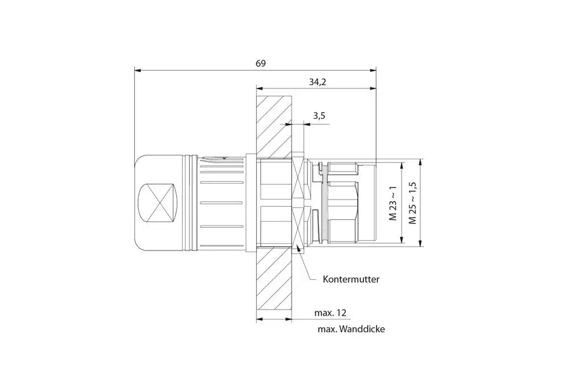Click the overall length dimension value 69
click(x=261, y=63)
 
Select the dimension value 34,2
click(x=317, y=82)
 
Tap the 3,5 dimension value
click(x=319, y=116)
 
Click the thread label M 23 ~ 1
click(x=393, y=203)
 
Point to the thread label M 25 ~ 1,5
click(x=412, y=202)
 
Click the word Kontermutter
click(x=351, y=280)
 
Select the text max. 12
click(x=330, y=313)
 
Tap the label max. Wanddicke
click(x=351, y=330)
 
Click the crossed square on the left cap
click(x=158, y=203)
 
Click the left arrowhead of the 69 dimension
click(x=137, y=70)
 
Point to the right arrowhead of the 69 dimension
click(x=373, y=70)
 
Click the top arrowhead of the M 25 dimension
click(x=420, y=162)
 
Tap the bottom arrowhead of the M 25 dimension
click(x=420, y=243)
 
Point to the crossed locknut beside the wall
click(x=299, y=203)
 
